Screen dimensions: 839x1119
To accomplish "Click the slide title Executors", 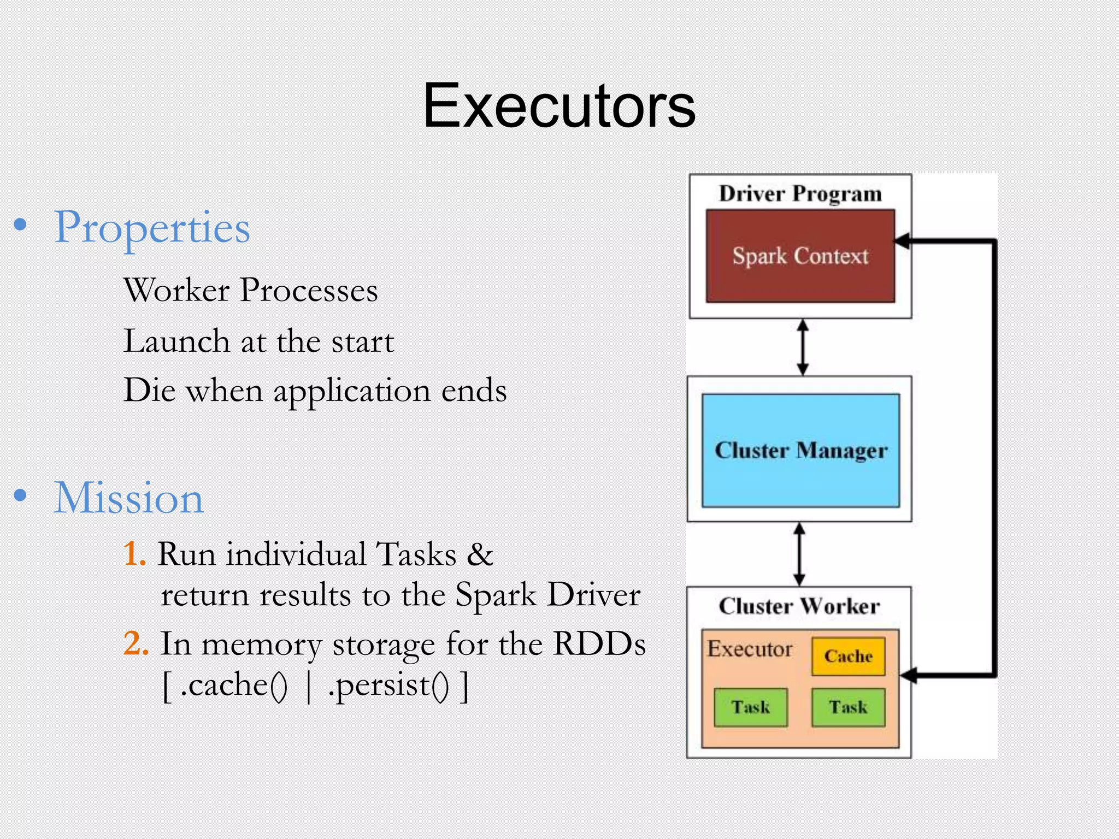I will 558,106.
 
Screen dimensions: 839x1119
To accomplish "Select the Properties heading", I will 152,228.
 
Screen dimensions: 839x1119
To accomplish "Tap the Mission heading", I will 128,498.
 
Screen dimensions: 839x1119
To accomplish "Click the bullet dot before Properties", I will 20,225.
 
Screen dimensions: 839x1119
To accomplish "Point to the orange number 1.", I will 133,554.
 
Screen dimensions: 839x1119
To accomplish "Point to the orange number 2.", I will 136,643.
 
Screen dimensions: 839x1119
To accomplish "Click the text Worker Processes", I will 250,290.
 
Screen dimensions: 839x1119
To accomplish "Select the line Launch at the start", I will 258,341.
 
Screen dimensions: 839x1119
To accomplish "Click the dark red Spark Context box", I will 800,256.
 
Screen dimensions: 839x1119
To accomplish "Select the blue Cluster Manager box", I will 800,451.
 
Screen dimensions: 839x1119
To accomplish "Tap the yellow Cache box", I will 848,656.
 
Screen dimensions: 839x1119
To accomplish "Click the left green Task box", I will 751,707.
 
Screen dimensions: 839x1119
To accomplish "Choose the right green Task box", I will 848,707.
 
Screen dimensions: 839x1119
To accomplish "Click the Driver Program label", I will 800,193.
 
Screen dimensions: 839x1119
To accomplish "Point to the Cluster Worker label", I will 799,606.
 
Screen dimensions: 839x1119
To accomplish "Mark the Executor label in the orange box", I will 750,649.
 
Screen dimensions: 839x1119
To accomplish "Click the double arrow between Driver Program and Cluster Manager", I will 802,347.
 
